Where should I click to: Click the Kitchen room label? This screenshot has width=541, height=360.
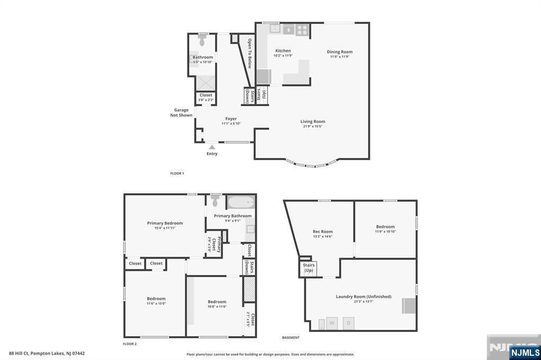pyautogui.click(x=283, y=51)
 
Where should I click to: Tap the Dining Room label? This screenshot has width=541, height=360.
pyautogui.click(x=339, y=52)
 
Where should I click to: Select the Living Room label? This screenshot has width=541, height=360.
pyautogui.click(x=313, y=121)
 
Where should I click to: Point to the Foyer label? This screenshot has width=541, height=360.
pyautogui.click(x=231, y=119)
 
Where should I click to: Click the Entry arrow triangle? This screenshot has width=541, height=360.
pyautogui.click(x=211, y=146)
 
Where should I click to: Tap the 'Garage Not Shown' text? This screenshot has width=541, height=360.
pyautogui.click(x=181, y=112)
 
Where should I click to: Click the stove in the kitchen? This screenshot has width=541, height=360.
pyautogui.click(x=302, y=30)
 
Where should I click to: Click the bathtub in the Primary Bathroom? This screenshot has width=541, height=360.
pyautogui.click(x=241, y=202)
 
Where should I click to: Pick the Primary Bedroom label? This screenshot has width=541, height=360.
pyautogui.click(x=165, y=223)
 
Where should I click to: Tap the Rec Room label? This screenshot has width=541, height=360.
pyautogui.click(x=323, y=232)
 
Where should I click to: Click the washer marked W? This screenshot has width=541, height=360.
pyautogui.click(x=332, y=323)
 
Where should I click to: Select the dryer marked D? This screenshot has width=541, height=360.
pyautogui.click(x=349, y=323)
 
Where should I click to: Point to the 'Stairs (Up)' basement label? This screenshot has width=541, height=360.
pyautogui.click(x=309, y=268)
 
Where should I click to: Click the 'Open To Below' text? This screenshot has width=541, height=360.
pyautogui.click(x=250, y=53)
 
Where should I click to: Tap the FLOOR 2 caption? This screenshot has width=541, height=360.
pyautogui.click(x=129, y=344)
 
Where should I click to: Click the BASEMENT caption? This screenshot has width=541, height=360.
pyautogui.click(x=291, y=337)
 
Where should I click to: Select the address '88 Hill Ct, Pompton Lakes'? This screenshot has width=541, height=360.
pyautogui.click(x=47, y=353)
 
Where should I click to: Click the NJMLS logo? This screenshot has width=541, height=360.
pyautogui.click(x=525, y=352)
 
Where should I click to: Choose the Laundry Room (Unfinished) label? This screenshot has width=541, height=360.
pyautogui.click(x=363, y=297)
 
